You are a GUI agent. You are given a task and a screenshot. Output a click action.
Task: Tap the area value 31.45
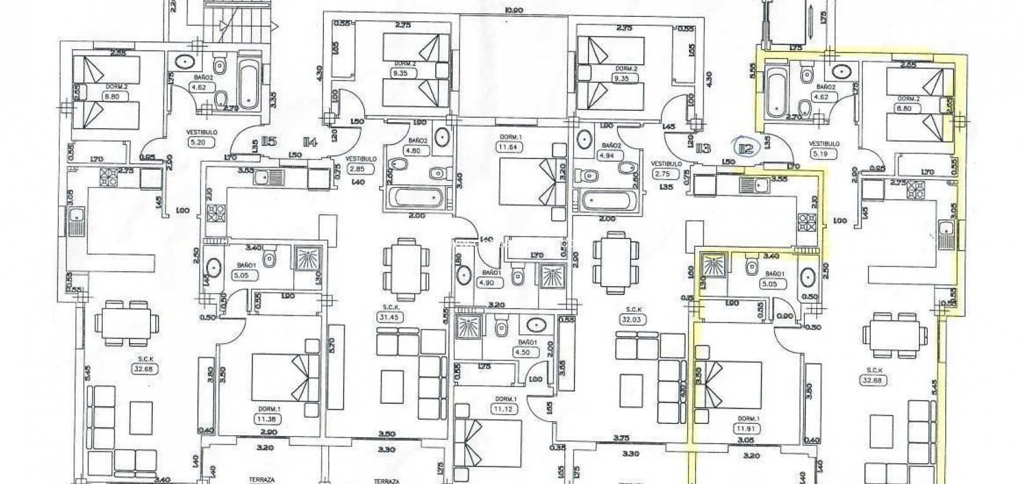[391, 317]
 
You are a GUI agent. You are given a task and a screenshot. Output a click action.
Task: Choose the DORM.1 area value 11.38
[267, 419]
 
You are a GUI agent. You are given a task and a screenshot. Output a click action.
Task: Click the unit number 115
[269, 142]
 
